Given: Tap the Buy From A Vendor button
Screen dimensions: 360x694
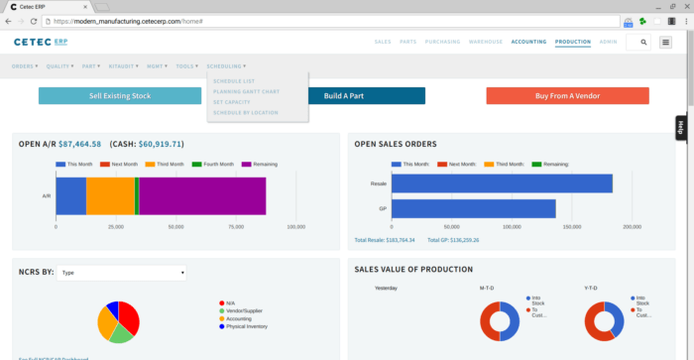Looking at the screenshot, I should [567, 96].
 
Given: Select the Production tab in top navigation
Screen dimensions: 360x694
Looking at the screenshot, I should [573, 43].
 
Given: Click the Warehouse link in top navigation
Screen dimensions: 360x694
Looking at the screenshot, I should [485, 43].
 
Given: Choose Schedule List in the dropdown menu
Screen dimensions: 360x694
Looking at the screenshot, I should [234, 80].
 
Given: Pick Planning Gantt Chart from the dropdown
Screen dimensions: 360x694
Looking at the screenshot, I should [245, 91].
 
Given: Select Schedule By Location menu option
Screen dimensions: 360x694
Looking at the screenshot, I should [245, 113].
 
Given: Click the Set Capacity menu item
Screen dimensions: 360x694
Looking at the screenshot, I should [232, 102].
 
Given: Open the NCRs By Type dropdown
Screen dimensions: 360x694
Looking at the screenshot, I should [121, 273].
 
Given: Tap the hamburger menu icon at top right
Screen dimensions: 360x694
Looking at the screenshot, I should [665, 43].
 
